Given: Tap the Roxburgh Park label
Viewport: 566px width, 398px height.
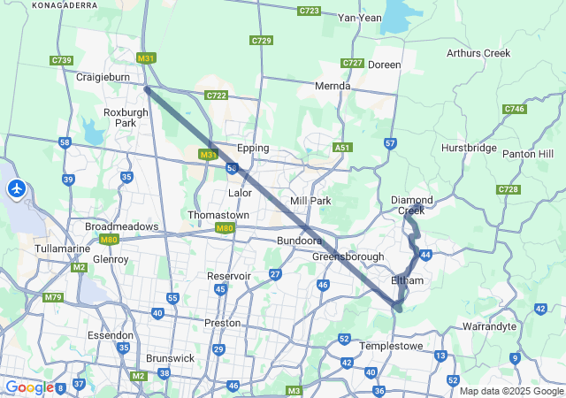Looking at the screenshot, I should coord(119,118).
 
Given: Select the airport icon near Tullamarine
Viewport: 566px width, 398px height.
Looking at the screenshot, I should coord(17,188).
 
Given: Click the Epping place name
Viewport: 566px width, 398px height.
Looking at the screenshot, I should coord(252,149).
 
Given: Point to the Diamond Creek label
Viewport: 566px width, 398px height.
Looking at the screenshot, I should coord(412,205).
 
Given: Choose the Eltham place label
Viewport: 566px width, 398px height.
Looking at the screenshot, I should coord(408,280).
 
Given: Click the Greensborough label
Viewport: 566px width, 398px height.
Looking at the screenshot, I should coord(348,256).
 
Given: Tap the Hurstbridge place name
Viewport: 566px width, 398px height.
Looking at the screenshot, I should coord(469,148).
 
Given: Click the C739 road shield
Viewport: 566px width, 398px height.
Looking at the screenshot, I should coord(61,60).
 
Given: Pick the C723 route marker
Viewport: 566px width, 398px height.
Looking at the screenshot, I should coord(310,11).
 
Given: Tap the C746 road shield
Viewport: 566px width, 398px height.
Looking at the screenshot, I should coord(514,109).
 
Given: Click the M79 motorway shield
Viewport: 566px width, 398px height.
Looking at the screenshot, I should coord(54,297).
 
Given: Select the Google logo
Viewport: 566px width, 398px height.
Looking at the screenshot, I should coord(28,387).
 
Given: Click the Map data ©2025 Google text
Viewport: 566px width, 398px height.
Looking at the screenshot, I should coord(510,391).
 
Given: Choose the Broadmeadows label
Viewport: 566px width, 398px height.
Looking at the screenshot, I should coord(120,227).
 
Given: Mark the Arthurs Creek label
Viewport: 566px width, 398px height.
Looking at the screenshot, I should coord(478,53).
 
